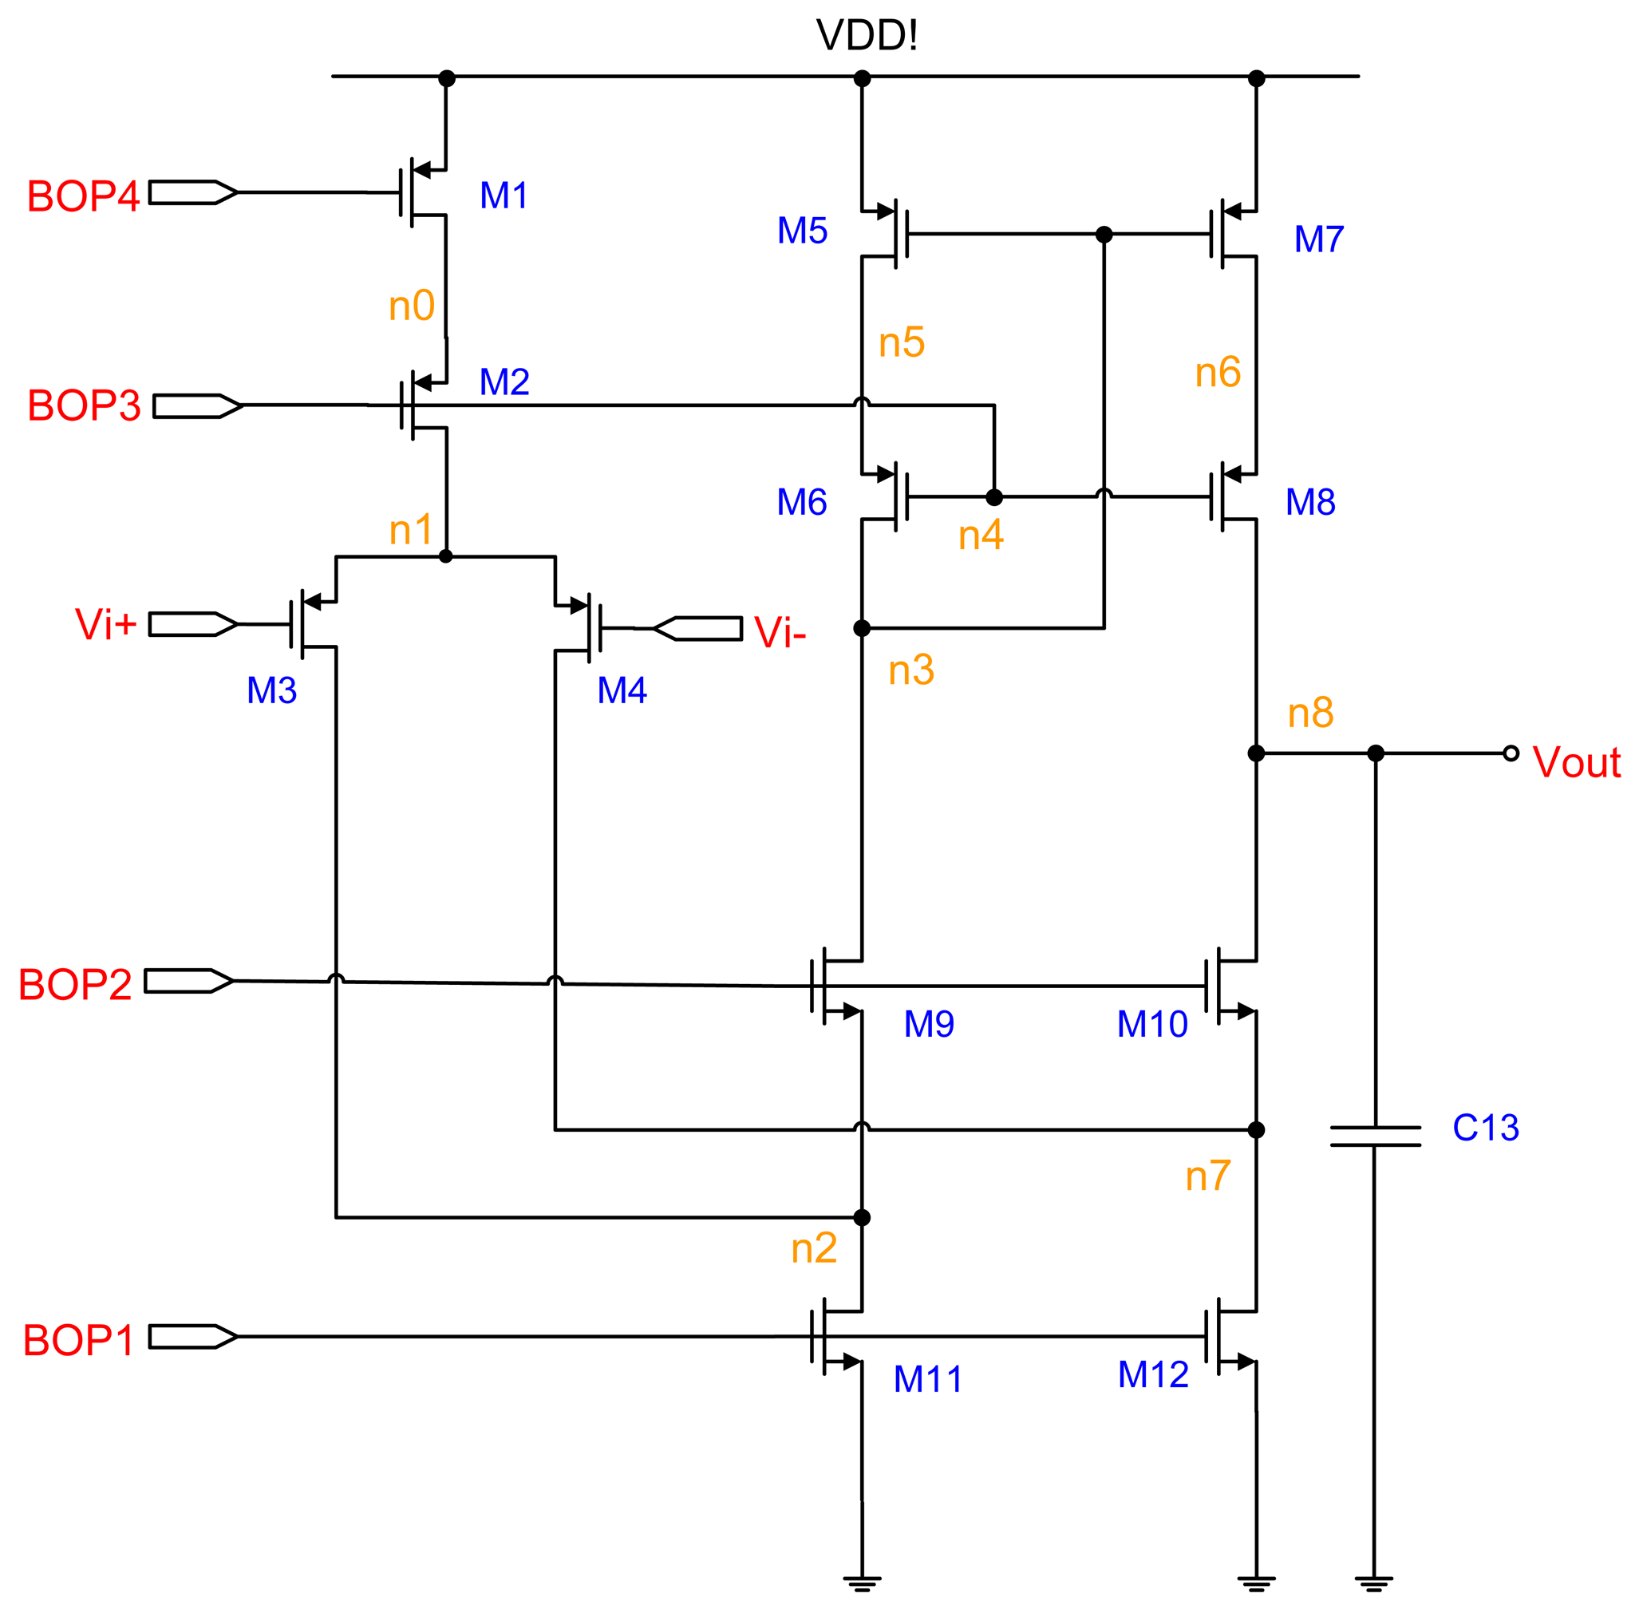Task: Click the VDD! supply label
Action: click(x=866, y=36)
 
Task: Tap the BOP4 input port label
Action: click(x=82, y=196)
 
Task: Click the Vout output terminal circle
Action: click(x=1511, y=753)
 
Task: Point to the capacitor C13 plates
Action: click(x=1375, y=1137)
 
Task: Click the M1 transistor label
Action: click(x=504, y=196)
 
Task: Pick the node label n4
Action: click(x=981, y=535)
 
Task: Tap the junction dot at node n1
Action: click(x=446, y=556)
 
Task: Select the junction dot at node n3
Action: click(x=862, y=628)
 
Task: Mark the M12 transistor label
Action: click(x=1152, y=1374)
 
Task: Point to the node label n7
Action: click(x=1207, y=1176)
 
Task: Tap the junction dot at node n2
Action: click(x=862, y=1218)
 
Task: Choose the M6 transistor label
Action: click(x=801, y=502)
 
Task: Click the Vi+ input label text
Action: click(x=105, y=624)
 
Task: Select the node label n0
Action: click(x=412, y=306)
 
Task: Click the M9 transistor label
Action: click(x=929, y=1024)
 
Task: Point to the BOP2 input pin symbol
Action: click(x=188, y=981)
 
